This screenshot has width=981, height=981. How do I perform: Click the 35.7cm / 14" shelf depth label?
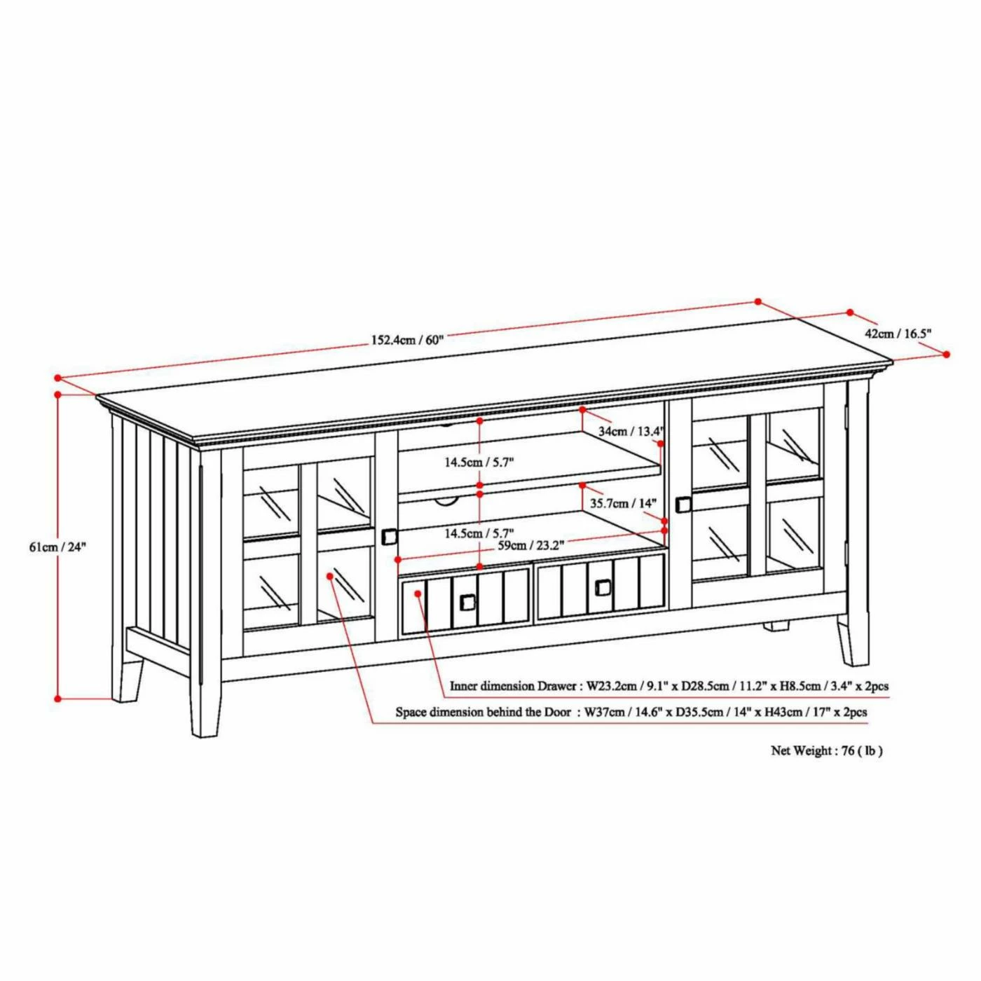[623, 504]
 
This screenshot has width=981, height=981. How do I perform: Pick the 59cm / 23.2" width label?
[531, 546]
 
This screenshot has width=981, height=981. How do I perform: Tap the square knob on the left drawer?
[467, 602]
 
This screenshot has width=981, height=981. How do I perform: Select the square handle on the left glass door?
[389, 536]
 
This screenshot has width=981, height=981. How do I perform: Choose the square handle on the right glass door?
[683, 505]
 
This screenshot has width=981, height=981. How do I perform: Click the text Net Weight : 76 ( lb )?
[827, 764]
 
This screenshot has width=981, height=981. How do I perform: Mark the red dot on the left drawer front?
[418, 594]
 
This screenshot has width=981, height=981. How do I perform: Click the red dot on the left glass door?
[330, 576]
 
